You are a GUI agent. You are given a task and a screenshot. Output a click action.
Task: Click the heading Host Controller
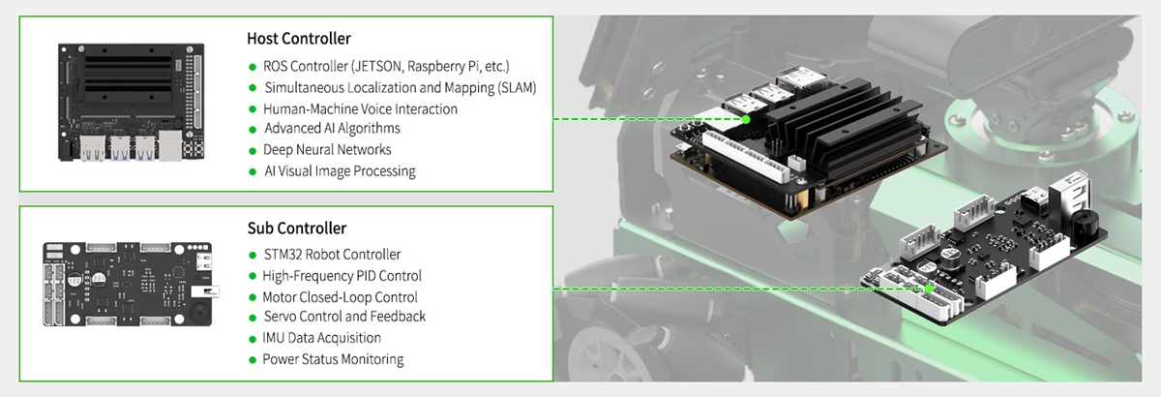pyautogui.click(x=299, y=39)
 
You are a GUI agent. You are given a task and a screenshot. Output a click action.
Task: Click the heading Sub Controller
pyautogui.click(x=296, y=229)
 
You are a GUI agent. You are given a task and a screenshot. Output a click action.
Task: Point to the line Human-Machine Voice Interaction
pyautogui.click(x=360, y=109)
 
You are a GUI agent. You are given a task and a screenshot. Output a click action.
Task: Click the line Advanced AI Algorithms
pyautogui.click(x=332, y=129)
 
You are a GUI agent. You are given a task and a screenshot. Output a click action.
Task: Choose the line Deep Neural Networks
pyautogui.click(x=327, y=150)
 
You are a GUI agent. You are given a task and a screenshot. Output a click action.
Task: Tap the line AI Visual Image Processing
pyautogui.click(x=340, y=171)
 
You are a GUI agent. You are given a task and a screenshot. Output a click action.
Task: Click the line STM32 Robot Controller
pyautogui.click(x=332, y=255)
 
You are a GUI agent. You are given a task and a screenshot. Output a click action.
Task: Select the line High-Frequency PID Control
pyautogui.click(x=342, y=276)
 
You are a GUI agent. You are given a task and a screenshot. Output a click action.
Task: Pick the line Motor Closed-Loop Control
pyautogui.click(x=340, y=297)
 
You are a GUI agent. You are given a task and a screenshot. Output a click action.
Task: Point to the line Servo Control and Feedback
pyautogui.click(x=344, y=317)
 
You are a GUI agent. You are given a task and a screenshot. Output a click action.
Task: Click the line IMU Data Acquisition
pyautogui.click(x=322, y=338)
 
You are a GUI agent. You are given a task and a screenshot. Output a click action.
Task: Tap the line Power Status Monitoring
pyautogui.click(x=333, y=359)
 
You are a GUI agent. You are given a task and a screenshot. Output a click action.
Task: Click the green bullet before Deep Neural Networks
pyautogui.click(x=253, y=150)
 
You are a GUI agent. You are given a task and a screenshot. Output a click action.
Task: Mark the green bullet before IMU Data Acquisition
pyautogui.click(x=253, y=339)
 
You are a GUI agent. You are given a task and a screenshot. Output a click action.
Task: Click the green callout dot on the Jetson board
pyautogui.click(x=746, y=120)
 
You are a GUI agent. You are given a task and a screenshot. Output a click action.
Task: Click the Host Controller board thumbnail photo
pyautogui.click(x=132, y=102)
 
